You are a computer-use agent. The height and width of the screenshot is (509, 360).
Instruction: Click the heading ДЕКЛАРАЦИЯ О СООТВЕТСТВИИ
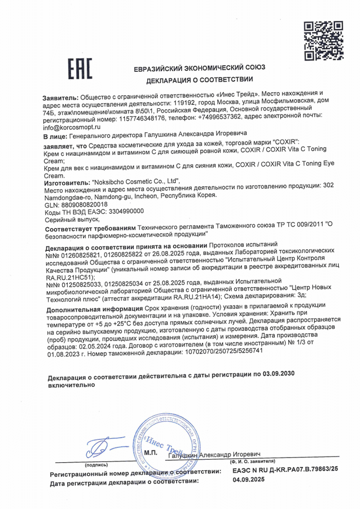[x=199, y=80]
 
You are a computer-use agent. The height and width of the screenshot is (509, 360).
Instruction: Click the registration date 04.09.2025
[x=249, y=480]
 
